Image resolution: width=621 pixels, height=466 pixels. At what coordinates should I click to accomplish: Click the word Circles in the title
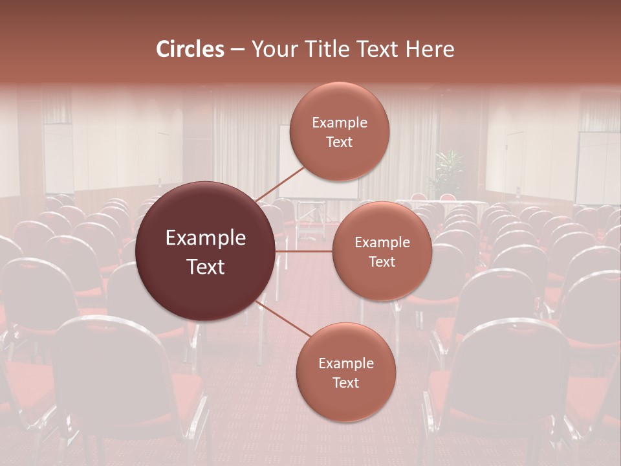point(190,49)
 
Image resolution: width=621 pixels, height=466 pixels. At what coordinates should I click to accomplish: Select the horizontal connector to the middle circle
point(303,251)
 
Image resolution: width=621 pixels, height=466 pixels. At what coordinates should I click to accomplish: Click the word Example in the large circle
point(205,238)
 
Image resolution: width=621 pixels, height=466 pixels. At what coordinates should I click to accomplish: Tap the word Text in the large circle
point(205,267)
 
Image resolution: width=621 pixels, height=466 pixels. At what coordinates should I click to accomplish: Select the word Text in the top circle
point(339,142)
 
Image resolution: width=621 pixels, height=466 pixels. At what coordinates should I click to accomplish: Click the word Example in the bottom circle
point(345,364)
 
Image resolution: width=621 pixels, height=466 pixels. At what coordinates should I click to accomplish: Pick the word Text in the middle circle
point(382,262)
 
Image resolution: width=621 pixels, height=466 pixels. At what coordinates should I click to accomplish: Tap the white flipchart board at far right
point(597,168)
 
